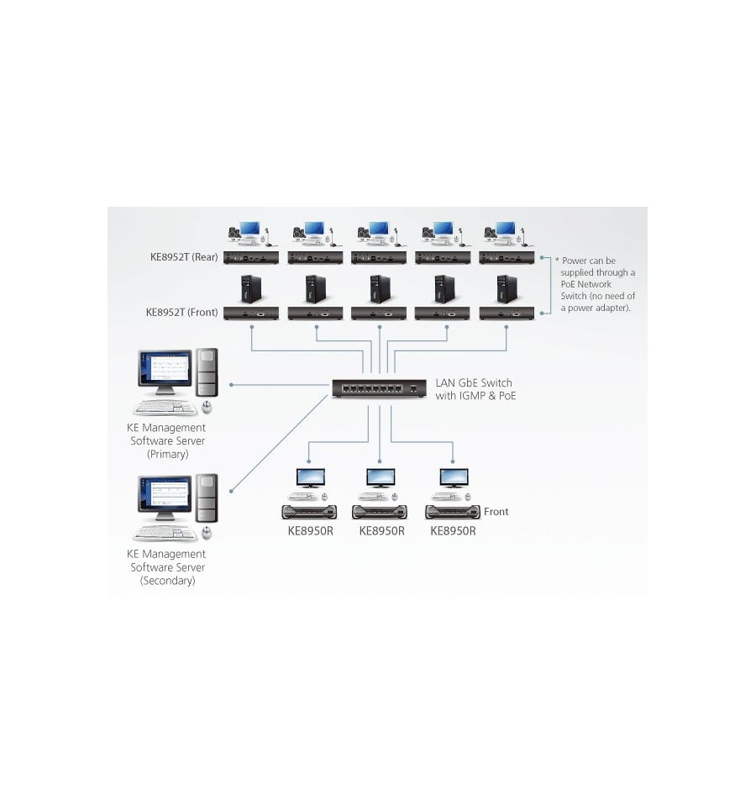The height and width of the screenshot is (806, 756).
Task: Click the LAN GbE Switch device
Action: [x=379, y=388]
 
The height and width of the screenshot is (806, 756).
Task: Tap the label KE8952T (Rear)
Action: [x=184, y=257]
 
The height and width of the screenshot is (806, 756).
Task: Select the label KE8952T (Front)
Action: [x=181, y=312]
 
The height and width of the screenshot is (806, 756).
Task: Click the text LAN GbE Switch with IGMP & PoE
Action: [x=475, y=389]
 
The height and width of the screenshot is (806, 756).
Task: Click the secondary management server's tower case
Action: [x=207, y=498]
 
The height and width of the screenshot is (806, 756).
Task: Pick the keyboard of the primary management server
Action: [x=165, y=408]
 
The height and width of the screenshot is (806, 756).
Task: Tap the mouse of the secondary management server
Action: [x=207, y=533]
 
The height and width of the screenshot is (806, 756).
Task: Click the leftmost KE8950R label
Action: [x=310, y=531]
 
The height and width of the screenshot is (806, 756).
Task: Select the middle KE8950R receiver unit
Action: [x=380, y=512]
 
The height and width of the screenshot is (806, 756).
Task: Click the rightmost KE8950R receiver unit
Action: [x=453, y=512]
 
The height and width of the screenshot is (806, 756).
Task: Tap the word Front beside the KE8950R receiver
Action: [x=496, y=512]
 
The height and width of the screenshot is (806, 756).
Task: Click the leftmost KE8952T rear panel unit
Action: [x=251, y=257]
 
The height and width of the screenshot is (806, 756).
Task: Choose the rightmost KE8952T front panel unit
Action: [x=507, y=313]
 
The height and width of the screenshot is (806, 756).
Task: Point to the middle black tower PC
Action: [x=380, y=289]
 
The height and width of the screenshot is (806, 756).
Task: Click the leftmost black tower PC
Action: [x=251, y=289]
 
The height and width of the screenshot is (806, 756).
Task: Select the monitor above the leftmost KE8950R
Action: [x=310, y=478]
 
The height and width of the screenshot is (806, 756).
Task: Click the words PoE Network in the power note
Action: [x=586, y=284]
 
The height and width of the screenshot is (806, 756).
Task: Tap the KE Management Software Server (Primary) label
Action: [x=167, y=440]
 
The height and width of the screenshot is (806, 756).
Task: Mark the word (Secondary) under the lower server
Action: [x=167, y=581]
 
